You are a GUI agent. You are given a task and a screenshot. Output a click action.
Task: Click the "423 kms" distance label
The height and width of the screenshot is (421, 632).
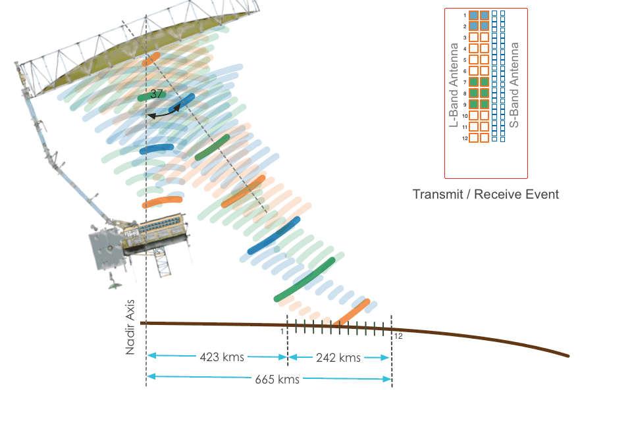(x=221, y=358)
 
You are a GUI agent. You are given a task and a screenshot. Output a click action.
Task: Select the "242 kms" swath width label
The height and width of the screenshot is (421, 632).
(x=338, y=358)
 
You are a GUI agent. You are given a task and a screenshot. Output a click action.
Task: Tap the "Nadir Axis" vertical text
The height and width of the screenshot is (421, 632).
(x=130, y=327)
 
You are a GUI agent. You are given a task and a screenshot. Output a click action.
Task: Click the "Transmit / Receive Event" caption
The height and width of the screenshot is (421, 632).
(x=486, y=194)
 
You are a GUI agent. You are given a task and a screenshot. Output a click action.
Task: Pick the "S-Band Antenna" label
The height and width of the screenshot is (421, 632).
(x=515, y=85)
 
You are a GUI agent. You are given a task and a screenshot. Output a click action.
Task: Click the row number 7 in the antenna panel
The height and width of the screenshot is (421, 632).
(x=465, y=82)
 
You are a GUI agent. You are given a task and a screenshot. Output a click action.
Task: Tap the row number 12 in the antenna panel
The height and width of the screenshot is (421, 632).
(x=465, y=138)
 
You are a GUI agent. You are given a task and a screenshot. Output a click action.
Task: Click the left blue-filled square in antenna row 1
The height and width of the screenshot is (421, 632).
(x=473, y=15)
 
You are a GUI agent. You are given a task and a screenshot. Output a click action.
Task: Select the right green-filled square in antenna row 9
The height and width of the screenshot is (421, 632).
(x=485, y=105)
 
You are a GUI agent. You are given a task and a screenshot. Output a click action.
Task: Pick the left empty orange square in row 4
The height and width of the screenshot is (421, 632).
(x=473, y=49)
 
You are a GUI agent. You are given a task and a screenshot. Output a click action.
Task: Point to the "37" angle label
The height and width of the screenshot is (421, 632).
(x=157, y=94)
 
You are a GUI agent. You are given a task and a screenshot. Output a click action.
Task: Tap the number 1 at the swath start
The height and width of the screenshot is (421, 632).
(x=282, y=332)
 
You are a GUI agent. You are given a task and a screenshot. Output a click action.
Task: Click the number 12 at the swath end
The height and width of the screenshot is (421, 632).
(x=398, y=336)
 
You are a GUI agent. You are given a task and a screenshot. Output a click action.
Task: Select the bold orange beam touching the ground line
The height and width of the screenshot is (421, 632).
(x=350, y=312)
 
